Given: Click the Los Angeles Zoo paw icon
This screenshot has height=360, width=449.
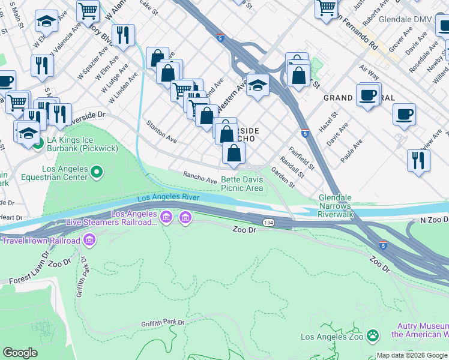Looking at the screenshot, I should [x=373, y=337].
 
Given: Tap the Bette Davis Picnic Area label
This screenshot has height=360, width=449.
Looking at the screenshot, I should [x=243, y=184].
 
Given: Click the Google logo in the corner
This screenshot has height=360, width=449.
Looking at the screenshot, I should [x=20, y=353].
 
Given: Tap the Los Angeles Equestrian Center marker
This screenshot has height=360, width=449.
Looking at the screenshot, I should [x=97, y=173].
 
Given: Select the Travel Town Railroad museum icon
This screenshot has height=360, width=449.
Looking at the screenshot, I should [x=89, y=241].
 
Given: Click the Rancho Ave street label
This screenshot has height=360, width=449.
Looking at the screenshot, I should [x=200, y=177].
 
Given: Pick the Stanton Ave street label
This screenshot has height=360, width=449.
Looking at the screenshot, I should [x=161, y=131].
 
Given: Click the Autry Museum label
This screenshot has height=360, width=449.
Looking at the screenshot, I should [x=420, y=330].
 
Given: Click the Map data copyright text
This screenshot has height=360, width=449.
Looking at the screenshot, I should [x=412, y=355].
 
